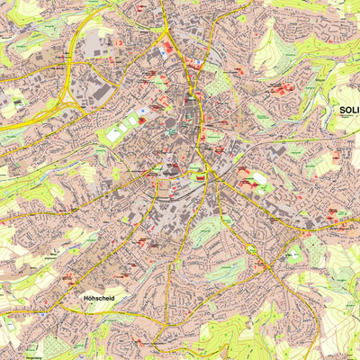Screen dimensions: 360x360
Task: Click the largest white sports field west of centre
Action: pos(117,134)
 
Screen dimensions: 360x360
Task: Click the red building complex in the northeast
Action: pos(281,89)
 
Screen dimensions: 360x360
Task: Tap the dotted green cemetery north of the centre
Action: pos(219,84)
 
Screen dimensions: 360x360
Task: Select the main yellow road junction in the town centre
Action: pos(206,166)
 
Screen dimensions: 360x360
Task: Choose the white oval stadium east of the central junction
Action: pos(261,178)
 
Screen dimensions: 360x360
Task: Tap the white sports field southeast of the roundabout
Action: pos(293,255)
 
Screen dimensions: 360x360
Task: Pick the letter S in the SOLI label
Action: pos(342,111)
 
